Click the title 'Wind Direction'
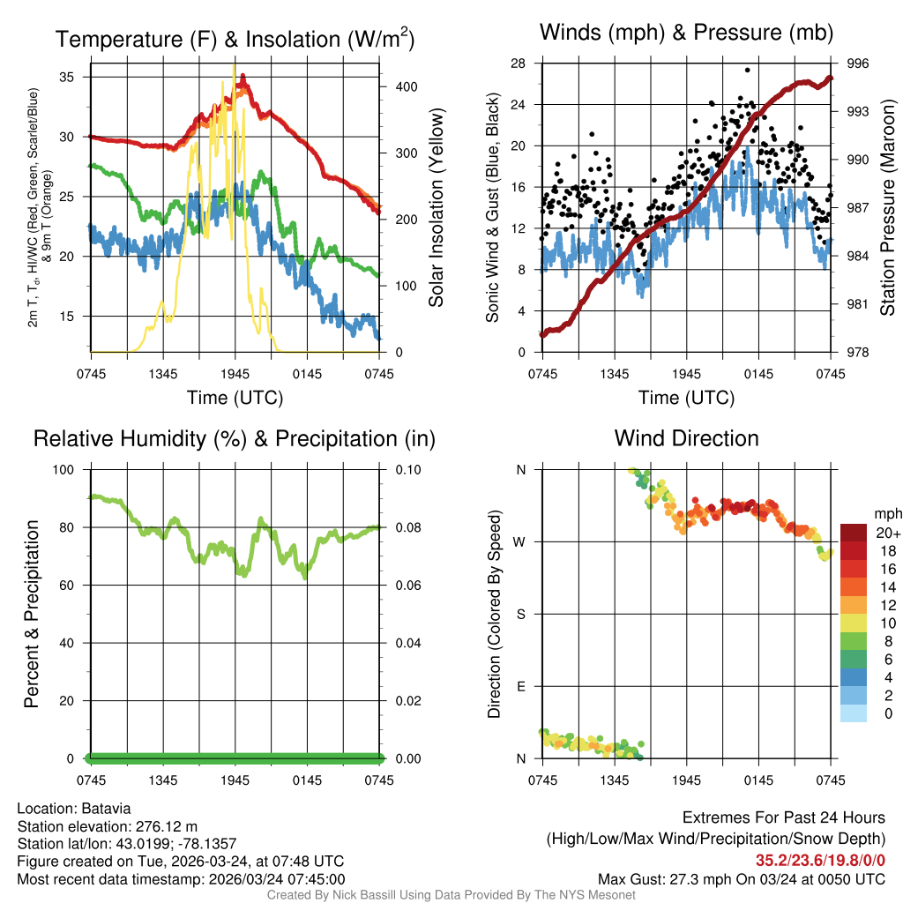click(x=686, y=438)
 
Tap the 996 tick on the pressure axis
click(x=858, y=63)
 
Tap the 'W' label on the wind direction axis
click(x=521, y=541)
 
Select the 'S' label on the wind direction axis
click(x=521, y=614)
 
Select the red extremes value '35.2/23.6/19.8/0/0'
click(x=820, y=861)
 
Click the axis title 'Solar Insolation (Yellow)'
click(x=437, y=207)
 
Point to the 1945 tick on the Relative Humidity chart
click(x=235, y=780)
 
